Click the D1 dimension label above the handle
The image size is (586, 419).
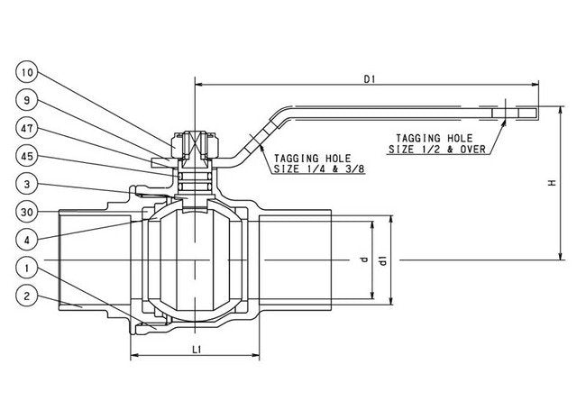[369, 79]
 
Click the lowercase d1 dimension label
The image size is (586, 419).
[383, 261]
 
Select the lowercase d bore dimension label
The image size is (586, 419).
[363, 261]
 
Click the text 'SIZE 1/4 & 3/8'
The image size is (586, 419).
[307, 168]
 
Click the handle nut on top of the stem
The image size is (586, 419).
[195, 141]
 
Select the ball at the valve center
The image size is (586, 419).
[195, 261]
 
